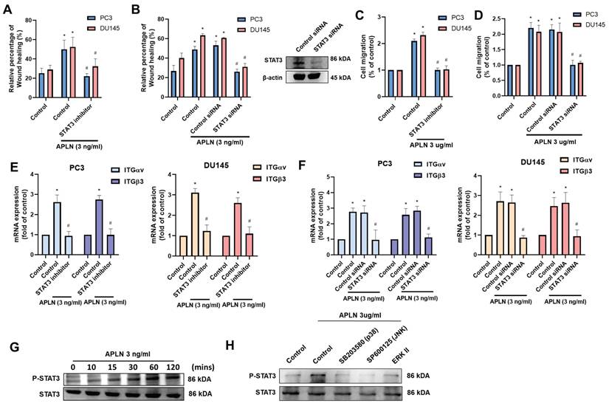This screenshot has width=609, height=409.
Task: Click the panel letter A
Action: pyautogui.click(x=10, y=9)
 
